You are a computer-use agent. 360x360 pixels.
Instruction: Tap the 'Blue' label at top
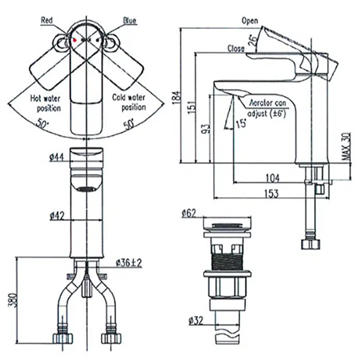point(129,21)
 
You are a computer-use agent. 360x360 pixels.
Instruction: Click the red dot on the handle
point(75,40)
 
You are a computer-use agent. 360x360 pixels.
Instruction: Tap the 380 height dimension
point(12,299)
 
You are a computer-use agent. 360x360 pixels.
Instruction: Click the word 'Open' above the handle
point(249,21)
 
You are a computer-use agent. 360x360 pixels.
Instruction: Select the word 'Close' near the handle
point(236,48)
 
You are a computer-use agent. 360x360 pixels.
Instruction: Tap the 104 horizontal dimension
point(273,178)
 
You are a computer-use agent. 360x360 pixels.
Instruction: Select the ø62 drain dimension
point(189,212)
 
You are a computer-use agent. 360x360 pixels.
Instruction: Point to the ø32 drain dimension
point(196,321)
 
